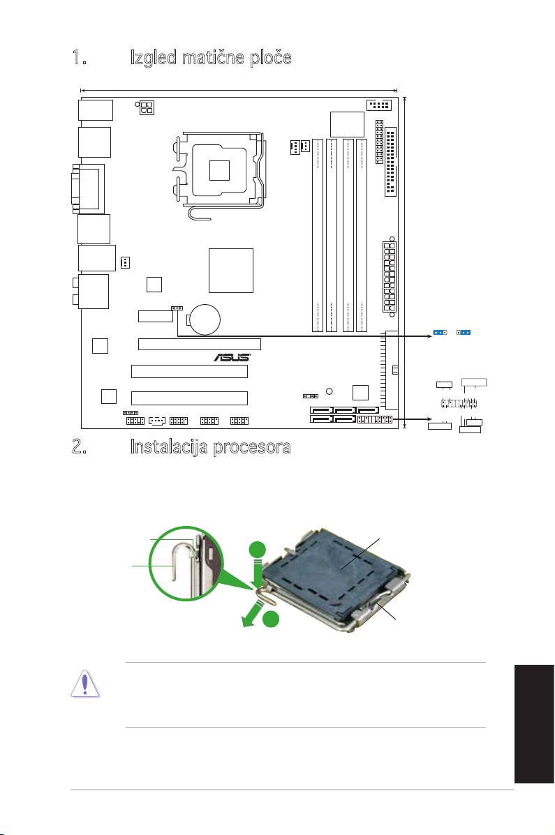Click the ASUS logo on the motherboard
point(232,356)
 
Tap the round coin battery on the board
point(205,319)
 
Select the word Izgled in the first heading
point(154,57)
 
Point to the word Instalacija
point(170,446)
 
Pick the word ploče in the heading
point(271,57)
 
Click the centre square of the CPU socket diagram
point(219,170)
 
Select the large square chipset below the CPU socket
point(231,271)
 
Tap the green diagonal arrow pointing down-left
point(253,612)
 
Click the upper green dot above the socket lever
point(258,550)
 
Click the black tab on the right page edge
point(534,723)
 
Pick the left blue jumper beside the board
point(439,333)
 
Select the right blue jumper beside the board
point(464,333)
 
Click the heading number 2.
point(80,446)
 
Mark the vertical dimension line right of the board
point(406,262)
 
